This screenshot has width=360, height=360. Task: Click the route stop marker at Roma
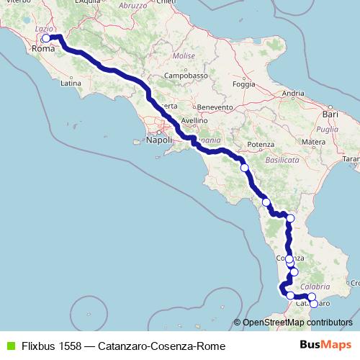46,38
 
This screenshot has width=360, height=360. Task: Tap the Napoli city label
158,140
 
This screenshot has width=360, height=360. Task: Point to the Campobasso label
186,75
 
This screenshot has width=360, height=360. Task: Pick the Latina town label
71,83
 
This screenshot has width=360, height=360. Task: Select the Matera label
314,143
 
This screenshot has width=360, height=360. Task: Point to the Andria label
293,93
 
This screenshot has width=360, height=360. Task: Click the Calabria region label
300,287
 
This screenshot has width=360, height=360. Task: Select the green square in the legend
9,346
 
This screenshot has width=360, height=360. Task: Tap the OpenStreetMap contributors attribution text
297,323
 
